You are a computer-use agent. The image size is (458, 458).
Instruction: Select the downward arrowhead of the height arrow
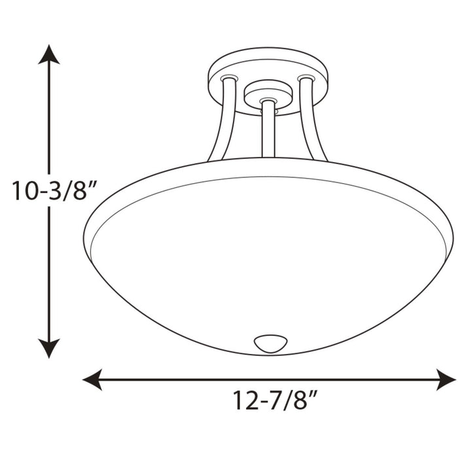[48, 348]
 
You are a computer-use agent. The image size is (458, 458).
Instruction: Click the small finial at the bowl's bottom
[270, 342]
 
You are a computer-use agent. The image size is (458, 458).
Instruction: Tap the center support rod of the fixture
[268, 131]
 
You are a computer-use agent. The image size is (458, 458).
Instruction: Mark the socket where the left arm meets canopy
[228, 79]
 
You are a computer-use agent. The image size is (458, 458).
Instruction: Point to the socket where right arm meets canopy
[304, 79]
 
